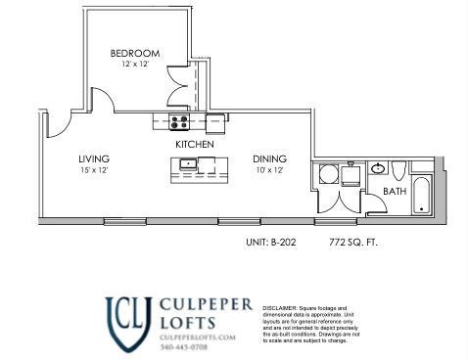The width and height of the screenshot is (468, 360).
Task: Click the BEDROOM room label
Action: [x=134, y=53]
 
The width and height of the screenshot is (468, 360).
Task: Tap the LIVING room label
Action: [x=94, y=158]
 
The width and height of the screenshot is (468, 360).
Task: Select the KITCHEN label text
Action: [x=194, y=144]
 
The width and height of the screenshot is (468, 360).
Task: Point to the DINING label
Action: [x=269, y=158]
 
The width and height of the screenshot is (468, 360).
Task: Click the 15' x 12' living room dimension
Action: [x=94, y=170]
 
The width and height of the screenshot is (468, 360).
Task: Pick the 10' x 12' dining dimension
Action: [x=269, y=170]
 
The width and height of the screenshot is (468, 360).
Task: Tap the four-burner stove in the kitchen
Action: [x=180, y=122]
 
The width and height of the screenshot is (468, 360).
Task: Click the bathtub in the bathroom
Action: [x=423, y=195]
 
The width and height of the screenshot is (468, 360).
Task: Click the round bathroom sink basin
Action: [x=378, y=169]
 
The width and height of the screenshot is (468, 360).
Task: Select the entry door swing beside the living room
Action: [x=56, y=121]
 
